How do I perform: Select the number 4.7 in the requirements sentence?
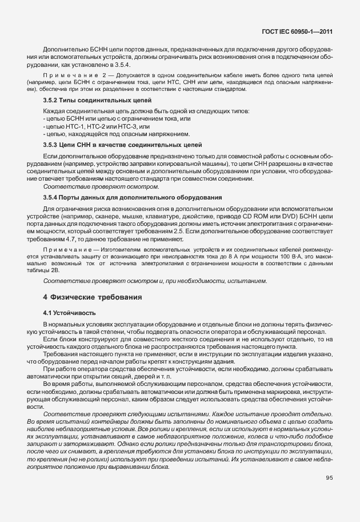67,241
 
